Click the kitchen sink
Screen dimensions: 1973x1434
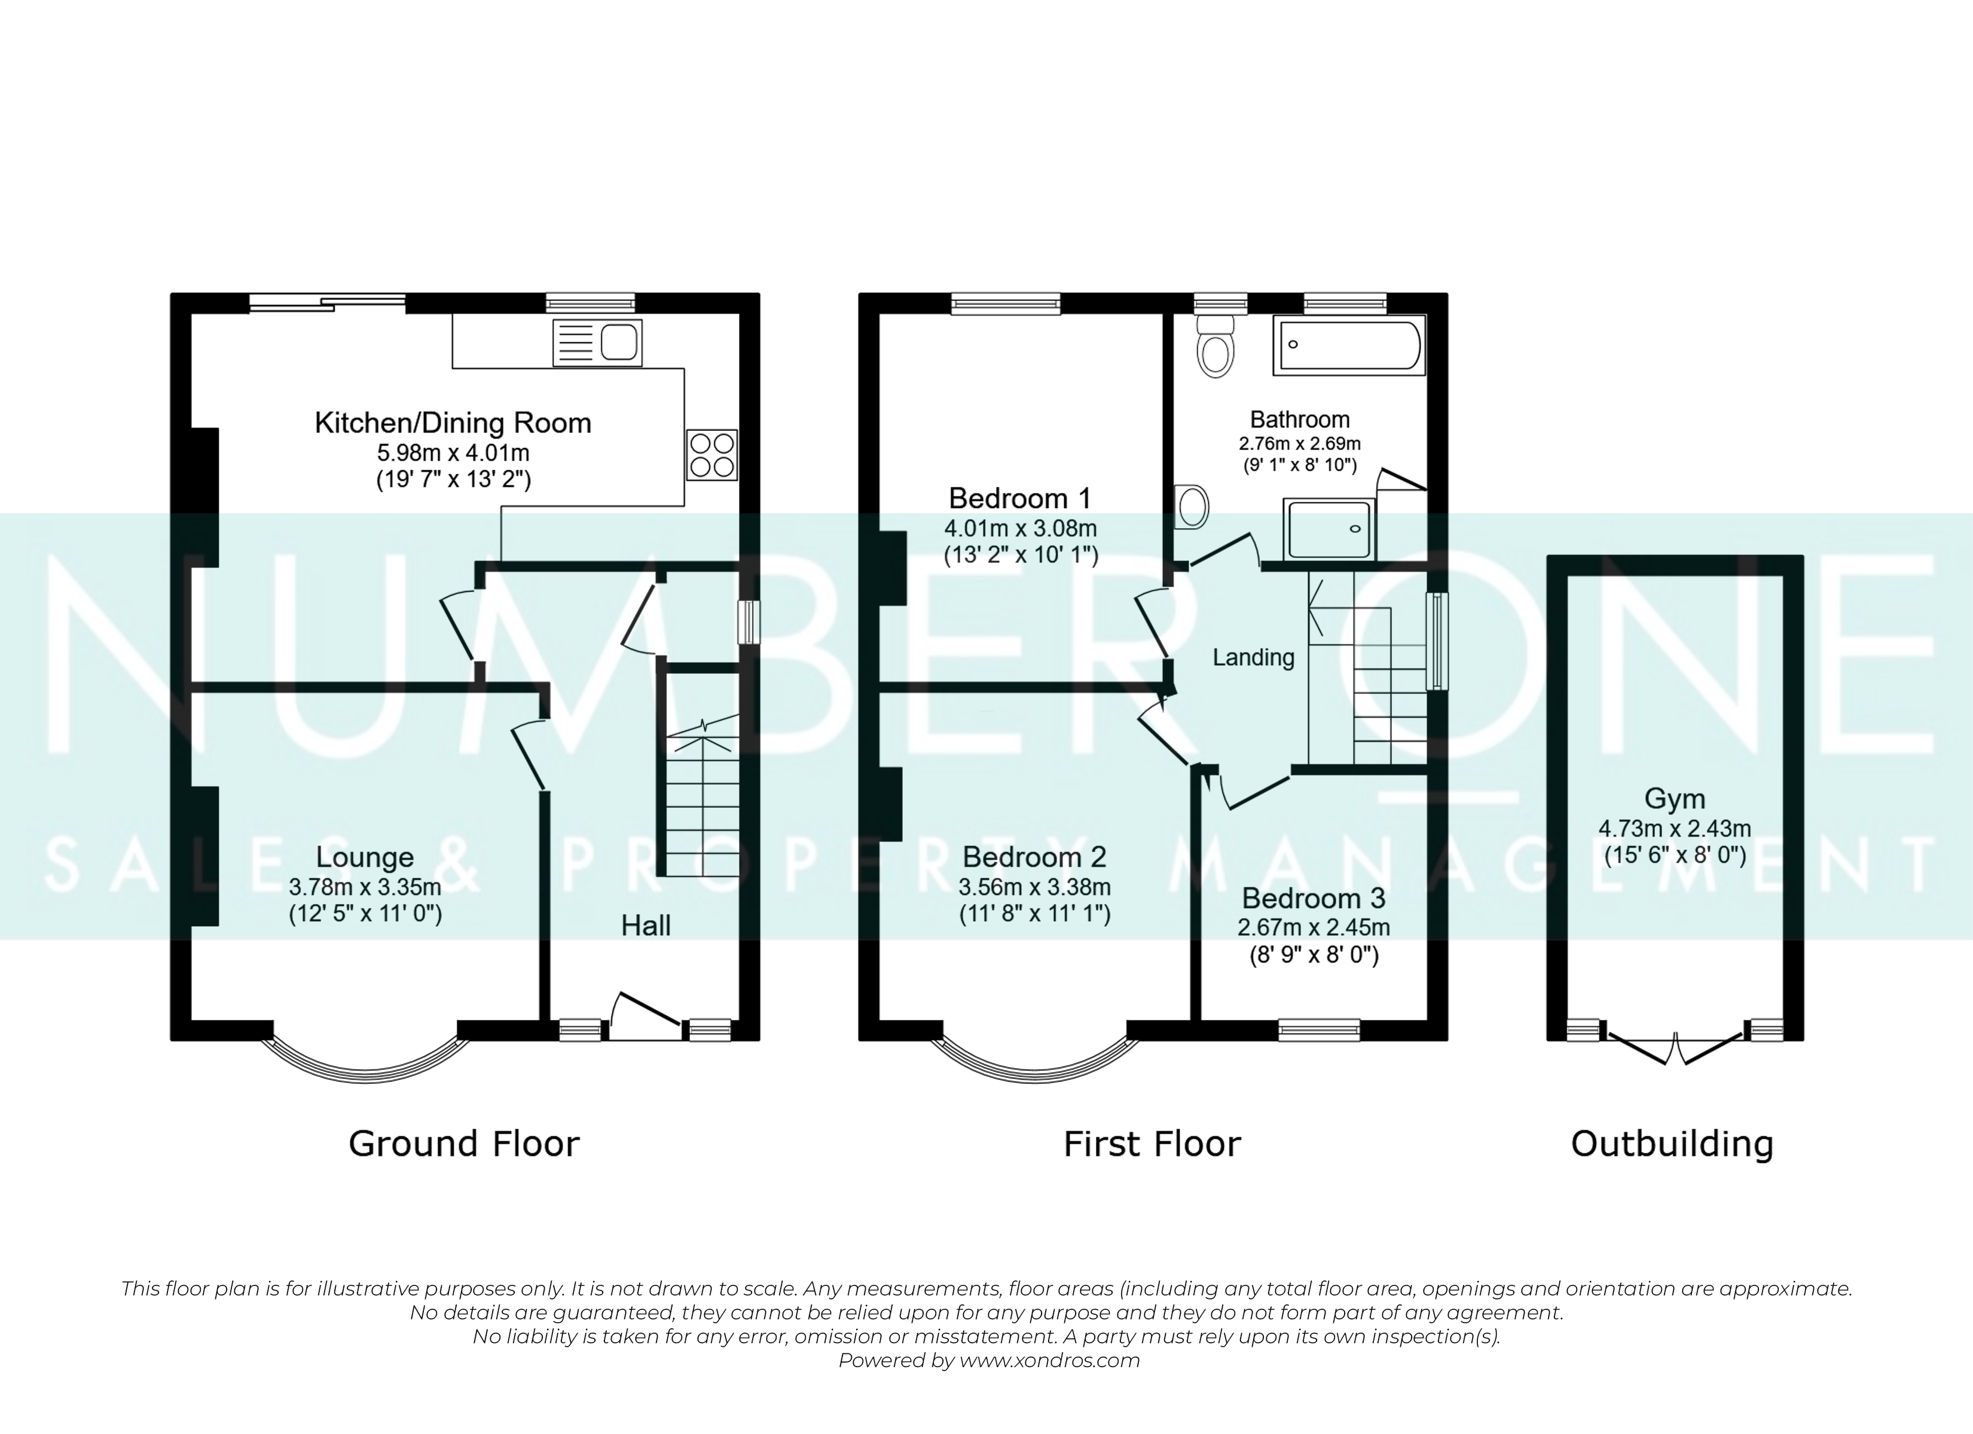[x=598, y=342]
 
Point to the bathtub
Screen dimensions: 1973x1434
[x=1348, y=345]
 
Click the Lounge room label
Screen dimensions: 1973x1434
[x=365, y=857]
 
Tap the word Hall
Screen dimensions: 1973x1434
[x=646, y=926]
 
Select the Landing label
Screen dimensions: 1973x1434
[x=1254, y=657]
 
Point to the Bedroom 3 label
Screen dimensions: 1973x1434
[x=1314, y=897]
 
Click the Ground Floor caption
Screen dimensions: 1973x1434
[x=464, y=1144]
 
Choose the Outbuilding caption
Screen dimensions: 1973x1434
[x=1672, y=1144]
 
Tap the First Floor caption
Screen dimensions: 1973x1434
[x=1153, y=1144]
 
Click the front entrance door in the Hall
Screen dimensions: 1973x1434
[x=646, y=1015]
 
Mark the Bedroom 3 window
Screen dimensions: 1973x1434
[x=1319, y=1031]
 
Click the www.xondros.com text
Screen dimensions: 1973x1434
[x=1049, y=1361]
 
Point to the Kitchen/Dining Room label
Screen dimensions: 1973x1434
[x=453, y=424]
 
